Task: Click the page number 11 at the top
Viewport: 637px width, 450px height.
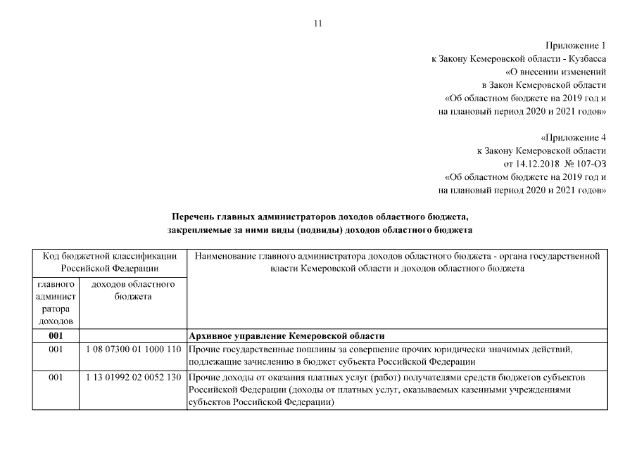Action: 317,24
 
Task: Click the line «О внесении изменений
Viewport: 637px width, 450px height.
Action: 556,72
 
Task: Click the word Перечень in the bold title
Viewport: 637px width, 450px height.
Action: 194,216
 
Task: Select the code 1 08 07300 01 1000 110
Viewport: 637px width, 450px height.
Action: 133,349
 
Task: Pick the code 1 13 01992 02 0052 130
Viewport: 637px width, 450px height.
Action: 133,378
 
